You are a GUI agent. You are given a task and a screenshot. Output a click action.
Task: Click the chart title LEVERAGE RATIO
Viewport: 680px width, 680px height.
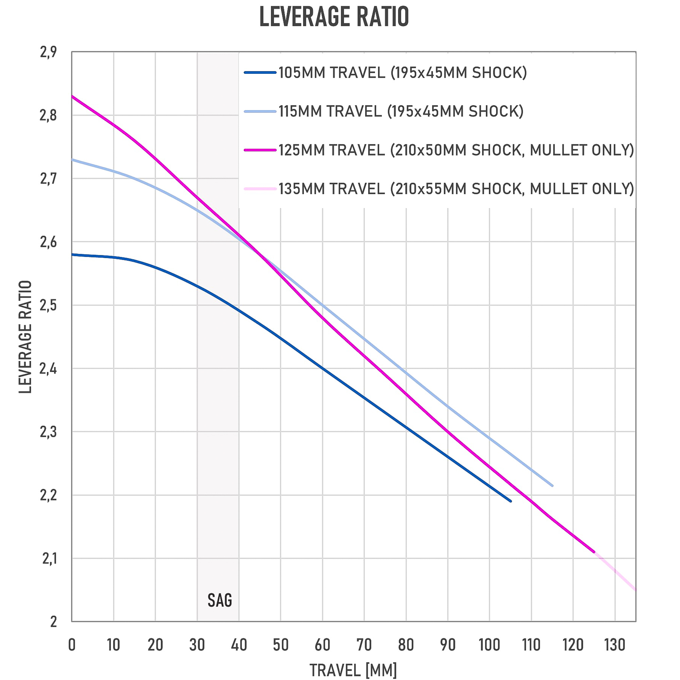[334, 17]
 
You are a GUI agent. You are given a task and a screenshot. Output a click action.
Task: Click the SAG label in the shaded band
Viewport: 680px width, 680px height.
[220, 600]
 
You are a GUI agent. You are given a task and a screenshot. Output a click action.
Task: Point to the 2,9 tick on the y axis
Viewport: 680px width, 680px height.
[48, 52]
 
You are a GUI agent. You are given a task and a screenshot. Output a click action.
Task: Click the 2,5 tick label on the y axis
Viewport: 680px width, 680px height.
[48, 306]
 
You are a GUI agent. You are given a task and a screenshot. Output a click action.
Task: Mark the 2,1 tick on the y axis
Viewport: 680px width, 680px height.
[49, 559]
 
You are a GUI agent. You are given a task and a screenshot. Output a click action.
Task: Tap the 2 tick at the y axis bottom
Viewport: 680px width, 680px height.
[53, 622]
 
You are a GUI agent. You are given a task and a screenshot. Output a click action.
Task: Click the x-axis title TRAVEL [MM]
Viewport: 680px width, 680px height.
[353, 670]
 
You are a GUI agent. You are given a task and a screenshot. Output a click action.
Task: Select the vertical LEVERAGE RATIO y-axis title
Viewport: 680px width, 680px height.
[26, 337]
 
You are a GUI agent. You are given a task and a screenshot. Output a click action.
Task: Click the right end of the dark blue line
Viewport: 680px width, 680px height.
[510, 501]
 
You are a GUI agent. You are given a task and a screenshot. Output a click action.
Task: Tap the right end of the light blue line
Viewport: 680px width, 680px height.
[552, 486]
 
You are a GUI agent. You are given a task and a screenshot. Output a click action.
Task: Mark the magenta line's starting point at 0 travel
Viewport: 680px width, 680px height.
[72, 96]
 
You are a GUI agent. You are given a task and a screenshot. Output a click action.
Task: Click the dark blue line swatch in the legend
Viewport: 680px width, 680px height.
[260, 73]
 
